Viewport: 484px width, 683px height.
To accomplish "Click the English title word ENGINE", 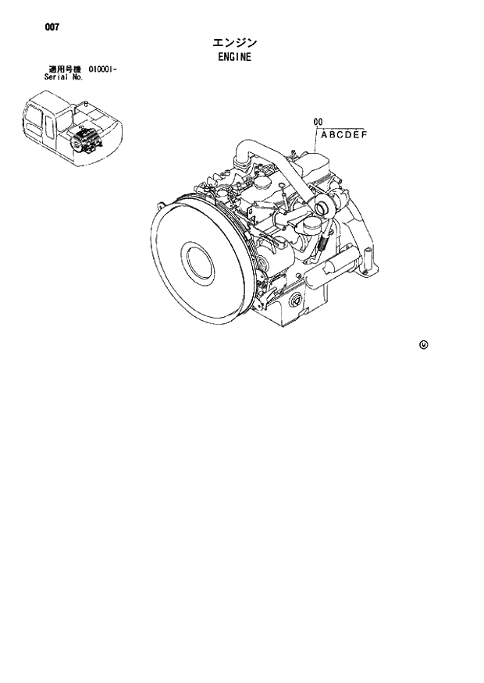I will tap(233, 57).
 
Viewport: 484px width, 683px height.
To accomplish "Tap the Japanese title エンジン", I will tap(233, 42).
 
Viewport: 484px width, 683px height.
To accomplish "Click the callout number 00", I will tap(318, 121).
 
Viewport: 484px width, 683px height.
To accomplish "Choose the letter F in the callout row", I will tap(363, 134).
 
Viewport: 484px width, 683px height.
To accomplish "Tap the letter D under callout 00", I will tap(348, 134).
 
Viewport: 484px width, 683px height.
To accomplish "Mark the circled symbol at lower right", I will tap(423, 344).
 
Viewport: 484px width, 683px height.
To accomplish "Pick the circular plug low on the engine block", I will tap(295, 302).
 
